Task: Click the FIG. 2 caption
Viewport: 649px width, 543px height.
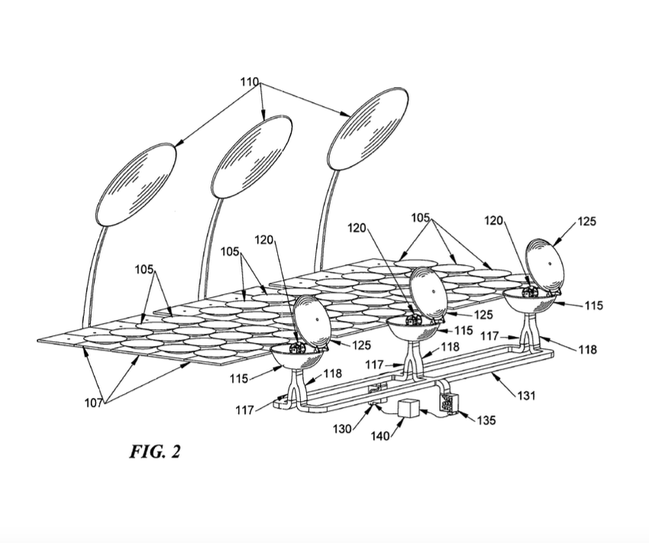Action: coord(155,451)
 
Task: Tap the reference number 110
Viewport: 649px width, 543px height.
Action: coord(250,82)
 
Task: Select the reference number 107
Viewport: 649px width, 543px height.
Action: coord(94,402)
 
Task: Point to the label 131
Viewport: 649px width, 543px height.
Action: coord(527,396)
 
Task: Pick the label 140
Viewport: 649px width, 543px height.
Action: coord(380,436)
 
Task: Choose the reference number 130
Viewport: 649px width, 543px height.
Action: coord(343,428)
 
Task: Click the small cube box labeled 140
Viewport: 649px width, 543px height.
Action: coord(408,408)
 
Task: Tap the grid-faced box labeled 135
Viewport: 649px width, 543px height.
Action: coord(449,402)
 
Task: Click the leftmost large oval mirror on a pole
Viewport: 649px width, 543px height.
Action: coord(136,185)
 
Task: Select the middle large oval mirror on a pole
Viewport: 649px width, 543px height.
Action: coord(252,157)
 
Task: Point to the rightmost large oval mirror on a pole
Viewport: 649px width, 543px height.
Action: coord(368,129)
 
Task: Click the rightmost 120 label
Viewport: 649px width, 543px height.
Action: coord(494,221)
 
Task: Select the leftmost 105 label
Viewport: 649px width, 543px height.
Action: coord(144,270)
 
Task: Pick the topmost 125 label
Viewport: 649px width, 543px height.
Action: coord(586,221)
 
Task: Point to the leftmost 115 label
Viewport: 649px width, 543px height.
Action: coord(239,378)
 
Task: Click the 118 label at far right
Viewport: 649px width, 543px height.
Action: coord(588,350)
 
